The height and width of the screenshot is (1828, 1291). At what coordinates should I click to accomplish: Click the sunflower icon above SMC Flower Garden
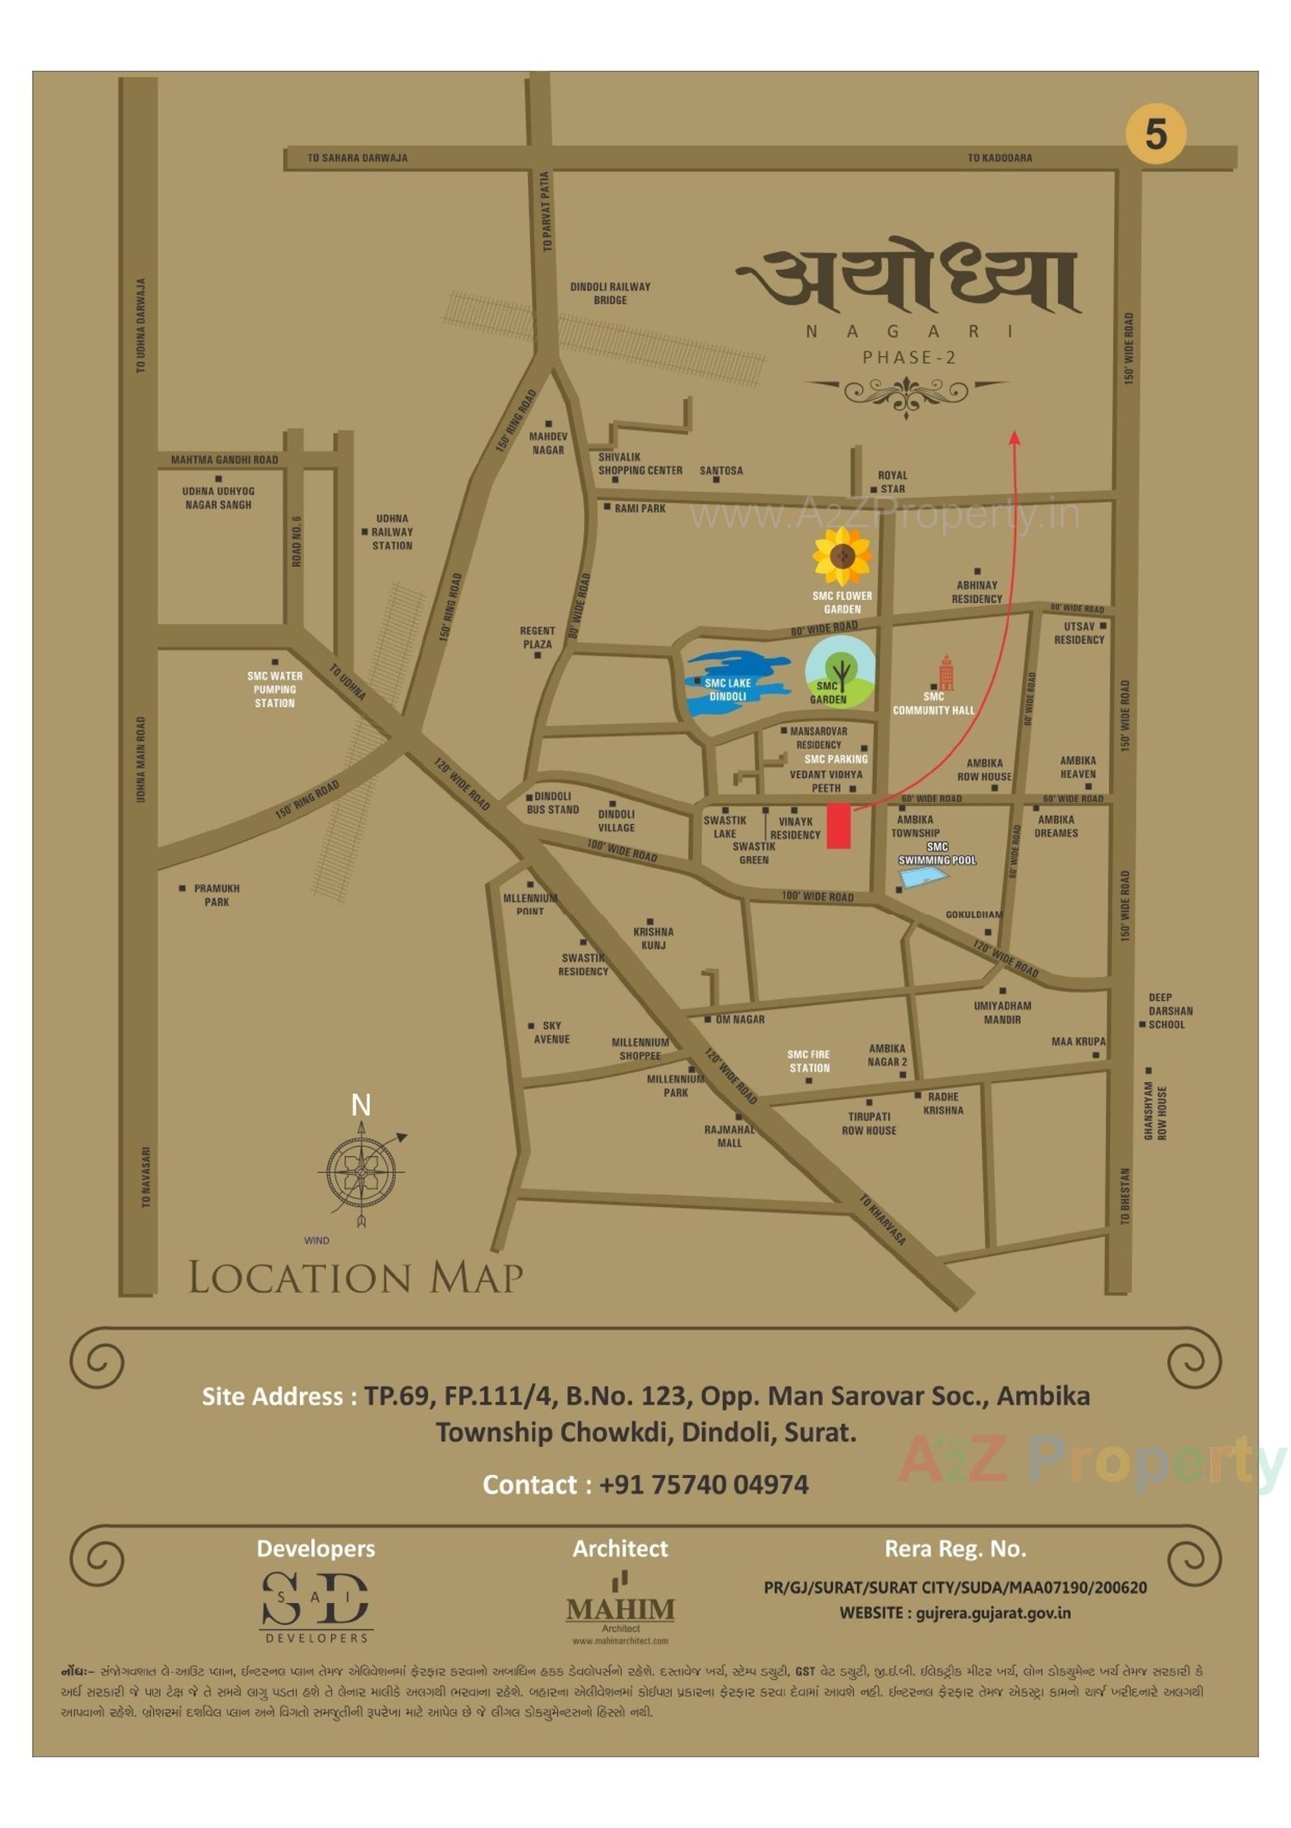pyautogui.click(x=841, y=555)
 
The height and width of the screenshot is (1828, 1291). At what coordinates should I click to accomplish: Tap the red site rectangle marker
pyautogui.click(x=838, y=826)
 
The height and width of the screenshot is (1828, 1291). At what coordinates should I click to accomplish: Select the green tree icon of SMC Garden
pyautogui.click(x=840, y=670)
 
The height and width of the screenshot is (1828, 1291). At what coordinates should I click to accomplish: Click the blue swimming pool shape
pyautogui.click(x=923, y=877)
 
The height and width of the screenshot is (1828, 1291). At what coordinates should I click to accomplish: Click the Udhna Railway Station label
pyautogui.click(x=391, y=532)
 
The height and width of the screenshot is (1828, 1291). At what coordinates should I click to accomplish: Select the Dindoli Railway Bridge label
pyautogui.click(x=610, y=293)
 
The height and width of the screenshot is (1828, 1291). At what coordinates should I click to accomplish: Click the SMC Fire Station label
pyautogui.click(x=808, y=1062)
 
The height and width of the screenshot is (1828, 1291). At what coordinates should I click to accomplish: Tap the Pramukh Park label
pyautogui.click(x=216, y=895)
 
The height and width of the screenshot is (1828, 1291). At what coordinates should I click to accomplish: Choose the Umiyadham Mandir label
pyautogui.click(x=1001, y=1012)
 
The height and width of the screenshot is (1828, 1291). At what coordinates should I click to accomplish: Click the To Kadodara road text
pyautogui.click(x=999, y=158)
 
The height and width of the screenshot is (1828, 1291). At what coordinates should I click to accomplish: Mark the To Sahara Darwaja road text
pyautogui.click(x=358, y=158)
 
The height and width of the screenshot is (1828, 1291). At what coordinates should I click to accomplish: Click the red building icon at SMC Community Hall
pyautogui.click(x=946, y=673)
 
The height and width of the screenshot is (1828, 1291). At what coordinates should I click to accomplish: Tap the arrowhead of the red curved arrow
pyautogui.click(x=1014, y=437)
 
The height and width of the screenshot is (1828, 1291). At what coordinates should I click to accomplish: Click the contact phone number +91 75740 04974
pyautogui.click(x=703, y=1484)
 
